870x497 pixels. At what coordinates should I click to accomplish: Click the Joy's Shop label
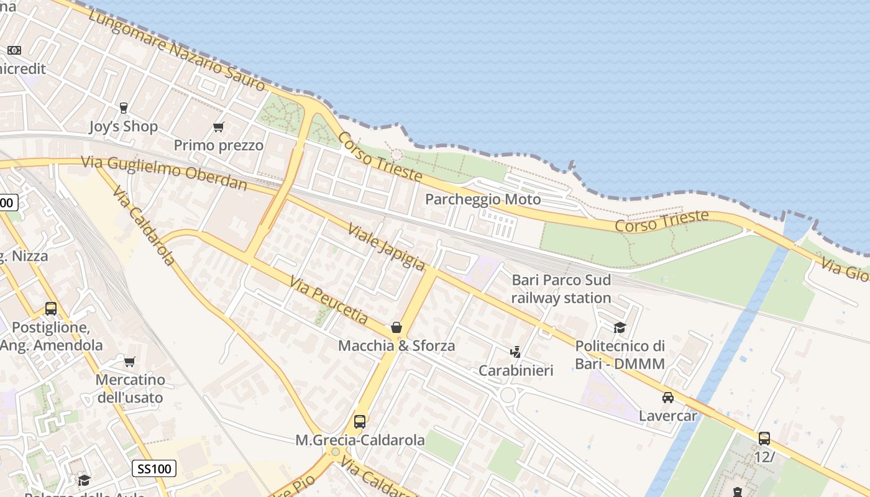[x=123, y=127]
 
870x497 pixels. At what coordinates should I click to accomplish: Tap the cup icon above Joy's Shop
[x=123, y=108]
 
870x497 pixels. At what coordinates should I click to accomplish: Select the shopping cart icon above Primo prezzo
[x=218, y=127]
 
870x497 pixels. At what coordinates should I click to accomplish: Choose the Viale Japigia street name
[x=386, y=247]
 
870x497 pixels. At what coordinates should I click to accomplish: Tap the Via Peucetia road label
[x=329, y=299]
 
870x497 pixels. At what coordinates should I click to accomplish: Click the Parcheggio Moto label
[x=483, y=199]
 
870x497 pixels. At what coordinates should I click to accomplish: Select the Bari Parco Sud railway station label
[x=561, y=289]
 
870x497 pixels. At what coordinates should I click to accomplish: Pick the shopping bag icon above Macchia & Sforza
[x=396, y=327]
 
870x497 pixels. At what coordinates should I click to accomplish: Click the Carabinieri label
[x=516, y=371]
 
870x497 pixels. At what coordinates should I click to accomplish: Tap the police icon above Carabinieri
[x=515, y=352]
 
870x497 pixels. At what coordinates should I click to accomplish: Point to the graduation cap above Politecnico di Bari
[x=620, y=327]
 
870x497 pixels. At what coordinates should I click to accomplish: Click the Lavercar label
[x=668, y=416]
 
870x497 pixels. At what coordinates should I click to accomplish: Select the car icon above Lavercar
[x=668, y=398]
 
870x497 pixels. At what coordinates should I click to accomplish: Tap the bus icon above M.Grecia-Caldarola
[x=359, y=422]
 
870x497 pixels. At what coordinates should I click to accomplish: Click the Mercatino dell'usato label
[x=130, y=388]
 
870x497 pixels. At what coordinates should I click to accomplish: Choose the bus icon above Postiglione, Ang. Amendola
[x=51, y=309]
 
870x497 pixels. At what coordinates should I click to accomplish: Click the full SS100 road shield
[x=154, y=468]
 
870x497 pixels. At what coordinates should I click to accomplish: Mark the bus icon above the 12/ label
[x=764, y=438]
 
